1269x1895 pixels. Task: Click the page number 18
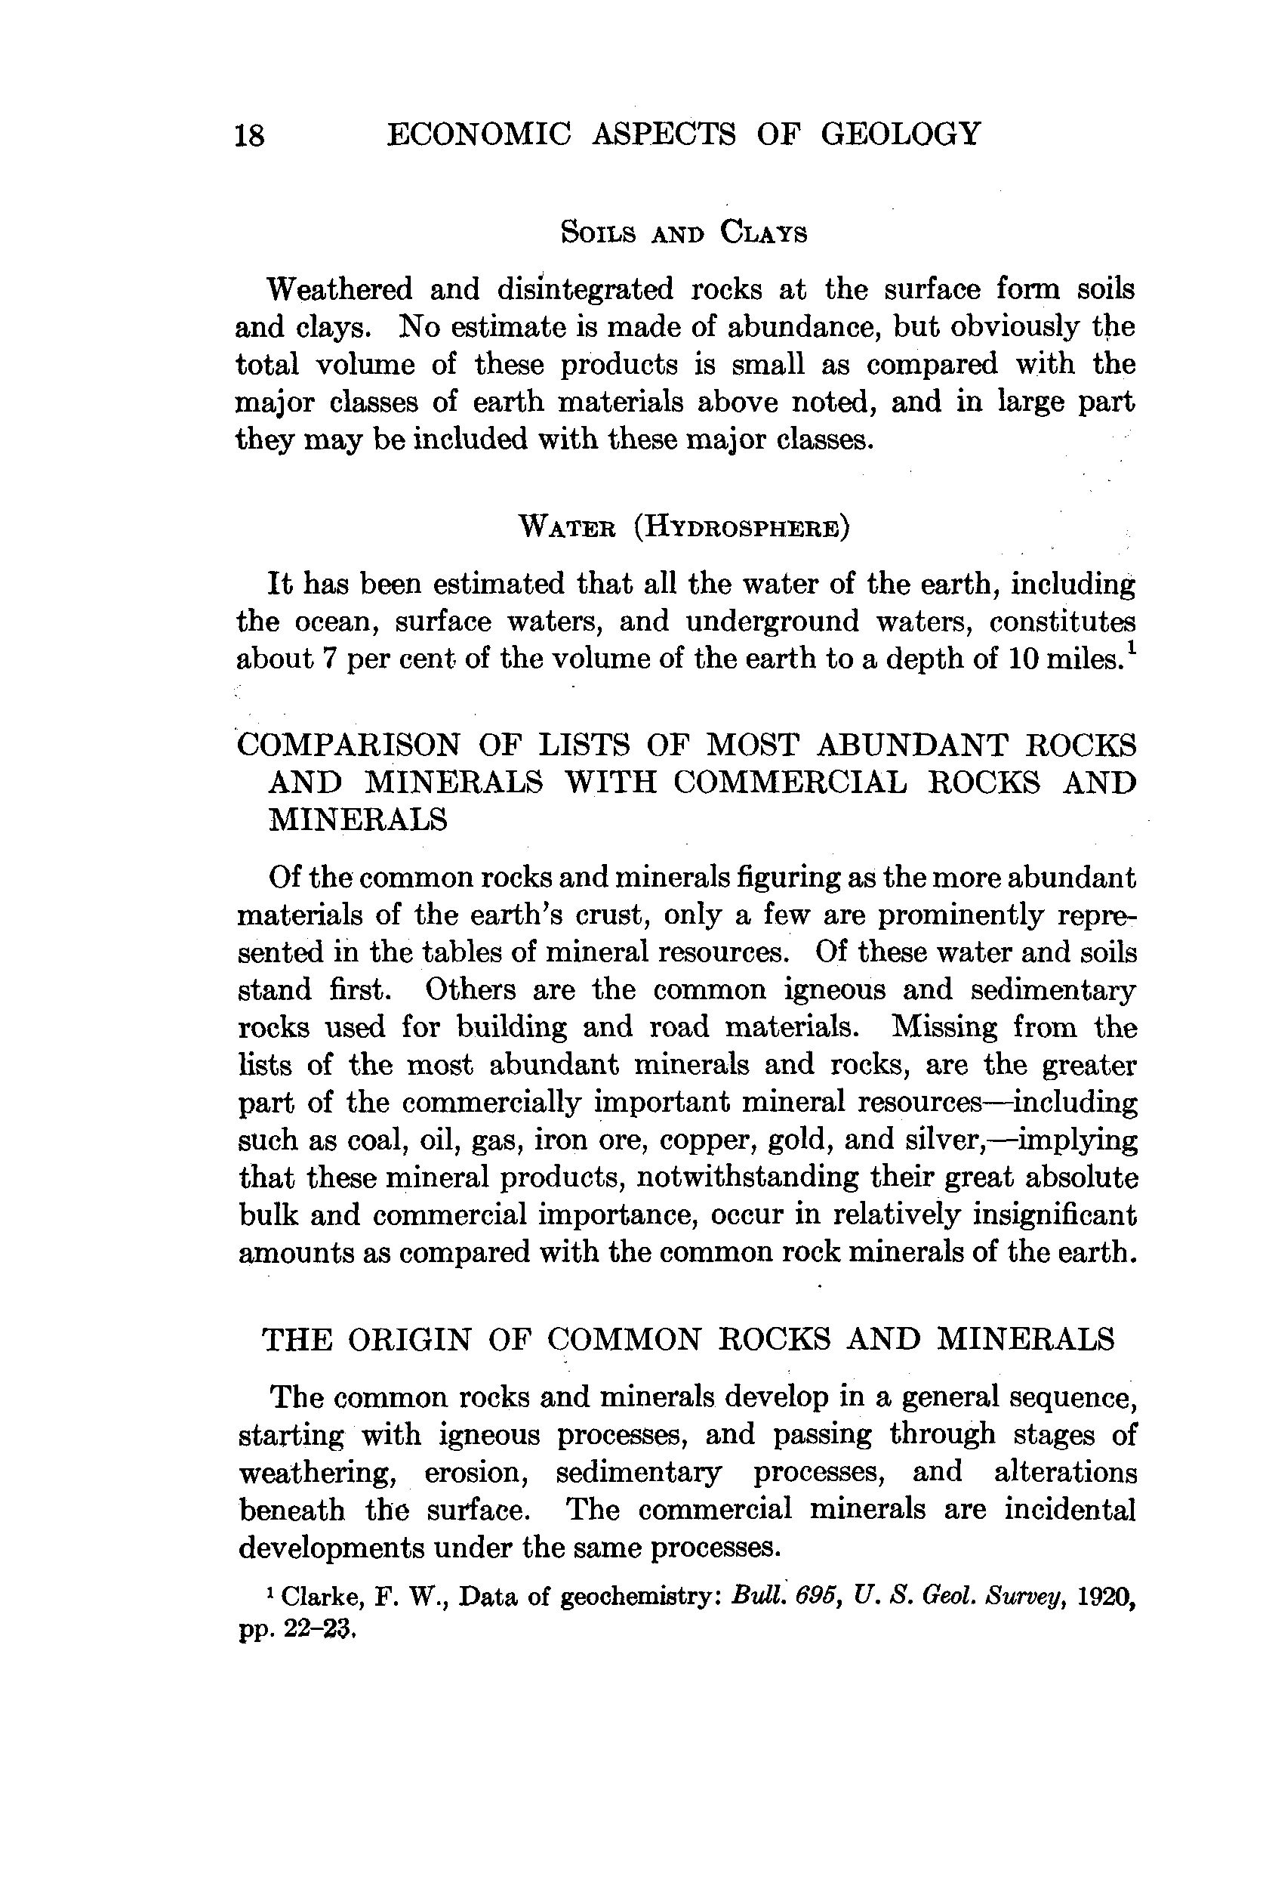coord(249,135)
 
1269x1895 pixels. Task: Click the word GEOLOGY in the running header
coord(900,134)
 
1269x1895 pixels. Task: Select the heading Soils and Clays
coord(684,233)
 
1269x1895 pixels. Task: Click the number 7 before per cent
coord(329,659)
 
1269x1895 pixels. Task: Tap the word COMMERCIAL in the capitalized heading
coord(789,782)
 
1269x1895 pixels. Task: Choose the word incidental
coord(1070,1510)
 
